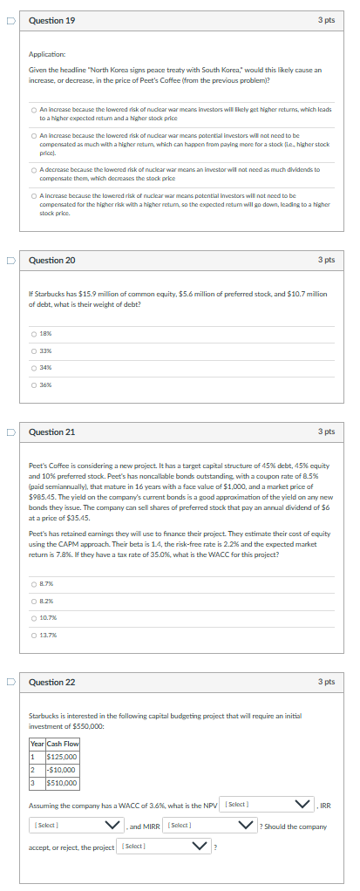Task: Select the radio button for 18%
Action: (33, 333)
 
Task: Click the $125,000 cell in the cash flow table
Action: (62, 757)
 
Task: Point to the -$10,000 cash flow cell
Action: (62, 770)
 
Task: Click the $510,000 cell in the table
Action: (62, 783)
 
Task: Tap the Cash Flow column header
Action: (62, 744)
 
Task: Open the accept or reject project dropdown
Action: (166, 847)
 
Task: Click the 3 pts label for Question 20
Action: (326, 260)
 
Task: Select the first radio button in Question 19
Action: (33, 109)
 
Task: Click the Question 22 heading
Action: (52, 682)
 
